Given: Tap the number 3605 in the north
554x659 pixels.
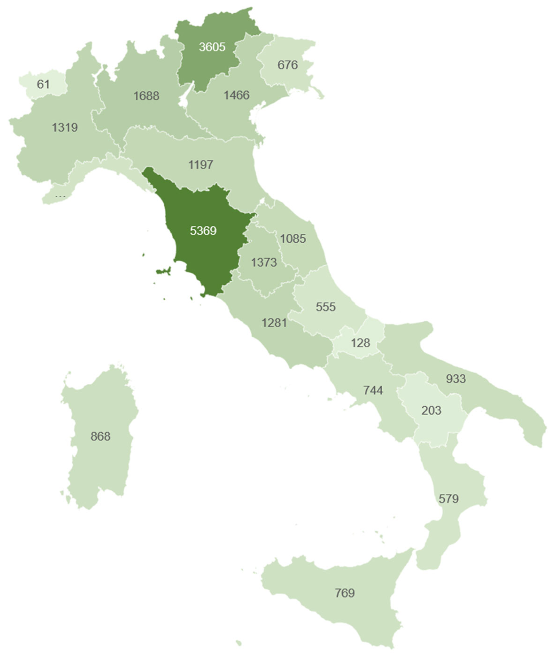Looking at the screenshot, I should coord(212,47).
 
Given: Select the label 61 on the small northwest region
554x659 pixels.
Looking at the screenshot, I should coord(43,84).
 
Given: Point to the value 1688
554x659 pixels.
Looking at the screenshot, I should coord(146,96).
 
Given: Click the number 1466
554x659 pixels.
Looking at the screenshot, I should coord(236,95).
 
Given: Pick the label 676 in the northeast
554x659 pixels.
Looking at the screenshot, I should coord(288,65).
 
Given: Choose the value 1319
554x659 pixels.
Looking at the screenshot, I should coord(65,128).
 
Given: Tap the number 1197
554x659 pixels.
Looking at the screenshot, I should coord(201,165).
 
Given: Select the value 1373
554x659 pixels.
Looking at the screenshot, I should coord(264,262).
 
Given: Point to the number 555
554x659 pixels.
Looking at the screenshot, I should coord(326,307).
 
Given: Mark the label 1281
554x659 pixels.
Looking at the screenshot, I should coord(274,323).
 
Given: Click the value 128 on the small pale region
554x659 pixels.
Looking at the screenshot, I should coord(361,343).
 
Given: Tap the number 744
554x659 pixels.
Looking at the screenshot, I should coord(373,390).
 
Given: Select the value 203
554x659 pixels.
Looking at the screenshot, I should coord(431,410).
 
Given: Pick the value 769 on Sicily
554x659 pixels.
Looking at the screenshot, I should coord(345,593).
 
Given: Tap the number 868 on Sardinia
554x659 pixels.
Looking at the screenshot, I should coord(101,436).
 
